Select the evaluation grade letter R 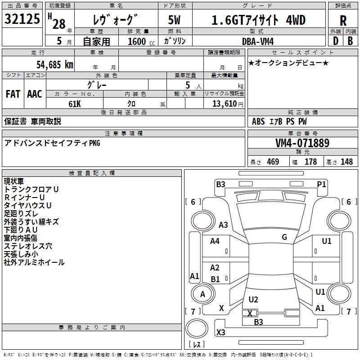(x=343, y=21)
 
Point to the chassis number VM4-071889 (x=302, y=144)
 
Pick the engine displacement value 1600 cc (x=137, y=41)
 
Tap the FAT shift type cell (x=13, y=94)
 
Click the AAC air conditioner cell (x=35, y=94)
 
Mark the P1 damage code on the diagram (x=321, y=184)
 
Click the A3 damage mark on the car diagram (x=223, y=225)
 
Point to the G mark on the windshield (x=284, y=237)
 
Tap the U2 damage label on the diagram (x=253, y=300)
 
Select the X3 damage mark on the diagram (x=221, y=333)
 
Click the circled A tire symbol (x=202, y=294)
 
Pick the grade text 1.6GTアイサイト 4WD (x=258, y=21)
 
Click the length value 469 (x=273, y=162)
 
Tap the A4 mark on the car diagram (x=215, y=241)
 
